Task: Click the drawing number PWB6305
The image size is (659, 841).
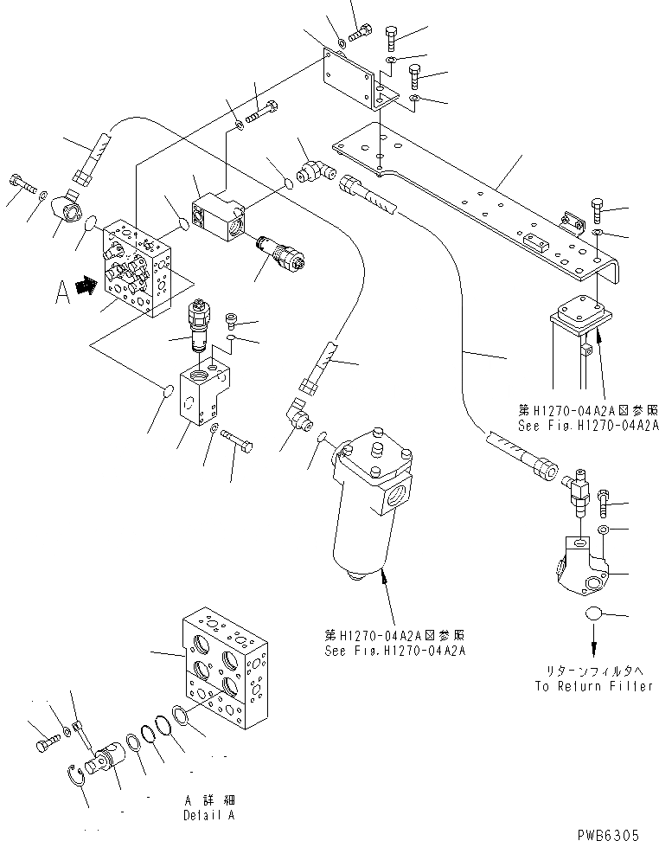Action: [609, 834]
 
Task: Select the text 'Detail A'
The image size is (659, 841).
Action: [208, 815]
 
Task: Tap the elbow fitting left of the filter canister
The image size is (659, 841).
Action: [299, 416]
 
